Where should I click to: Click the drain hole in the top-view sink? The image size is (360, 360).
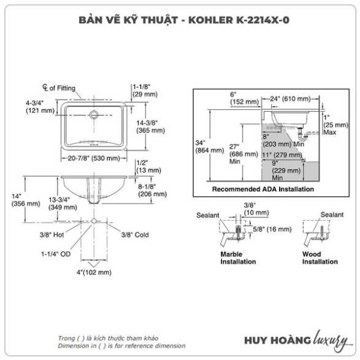coord(94,114)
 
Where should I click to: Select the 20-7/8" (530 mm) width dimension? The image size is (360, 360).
coord(94,158)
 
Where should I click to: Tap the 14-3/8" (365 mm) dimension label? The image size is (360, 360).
coord(151,126)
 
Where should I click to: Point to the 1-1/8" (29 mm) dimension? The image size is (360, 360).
coord(145,90)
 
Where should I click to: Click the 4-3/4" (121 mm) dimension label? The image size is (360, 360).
coord(40,107)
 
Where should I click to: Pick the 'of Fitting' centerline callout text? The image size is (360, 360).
coord(62,88)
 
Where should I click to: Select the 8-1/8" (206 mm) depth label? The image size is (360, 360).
coord(152,190)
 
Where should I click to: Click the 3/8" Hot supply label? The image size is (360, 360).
coord(52,235)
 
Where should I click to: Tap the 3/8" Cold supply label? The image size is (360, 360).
coord(135,235)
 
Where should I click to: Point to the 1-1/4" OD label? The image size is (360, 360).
coord(56,254)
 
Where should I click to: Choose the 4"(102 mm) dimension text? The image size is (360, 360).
coord(94,272)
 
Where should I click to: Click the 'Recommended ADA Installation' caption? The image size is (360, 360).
coord(263,189)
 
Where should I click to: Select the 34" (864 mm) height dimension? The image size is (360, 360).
coord(209,147)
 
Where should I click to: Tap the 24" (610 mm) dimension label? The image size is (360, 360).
coord(290,99)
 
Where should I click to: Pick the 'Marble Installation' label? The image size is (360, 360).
coord(238,258)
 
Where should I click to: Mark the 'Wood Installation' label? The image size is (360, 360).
coord(320,258)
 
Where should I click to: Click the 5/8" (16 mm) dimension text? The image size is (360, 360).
coord(272,229)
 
